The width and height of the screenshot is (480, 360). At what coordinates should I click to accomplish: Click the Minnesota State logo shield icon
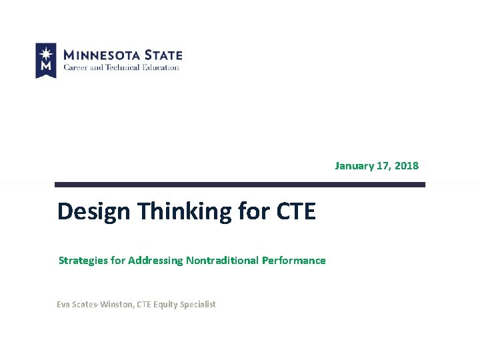[x=45, y=60]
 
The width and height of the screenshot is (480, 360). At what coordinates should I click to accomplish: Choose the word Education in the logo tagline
[x=161, y=67]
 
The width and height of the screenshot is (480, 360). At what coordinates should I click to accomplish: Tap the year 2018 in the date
[x=407, y=165]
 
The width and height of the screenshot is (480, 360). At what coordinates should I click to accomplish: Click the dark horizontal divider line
[x=239, y=185]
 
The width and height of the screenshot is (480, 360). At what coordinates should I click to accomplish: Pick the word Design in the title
[x=95, y=211]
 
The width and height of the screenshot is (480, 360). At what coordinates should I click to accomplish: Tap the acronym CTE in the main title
[x=293, y=211]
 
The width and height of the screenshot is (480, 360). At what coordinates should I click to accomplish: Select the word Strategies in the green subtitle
[x=83, y=261]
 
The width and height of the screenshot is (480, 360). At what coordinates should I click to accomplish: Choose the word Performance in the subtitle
[x=294, y=261]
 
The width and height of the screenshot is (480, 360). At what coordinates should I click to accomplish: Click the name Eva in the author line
[x=63, y=305]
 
